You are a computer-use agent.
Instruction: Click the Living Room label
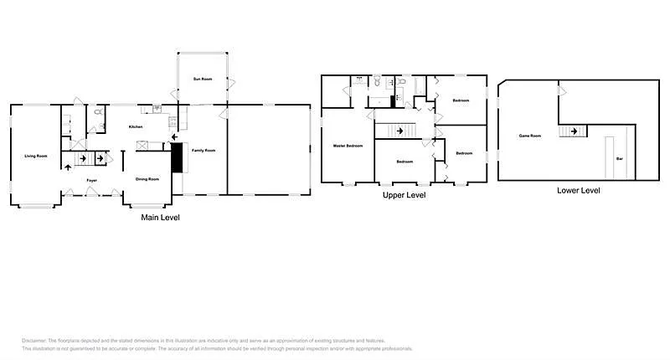34,156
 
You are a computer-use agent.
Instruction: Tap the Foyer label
92,180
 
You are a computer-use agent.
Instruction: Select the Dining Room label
147,178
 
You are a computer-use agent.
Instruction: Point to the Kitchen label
135,126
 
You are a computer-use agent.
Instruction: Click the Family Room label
204,150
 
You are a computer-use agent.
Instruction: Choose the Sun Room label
202,79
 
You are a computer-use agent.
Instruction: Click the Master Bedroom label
348,146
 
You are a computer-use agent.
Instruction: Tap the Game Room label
530,135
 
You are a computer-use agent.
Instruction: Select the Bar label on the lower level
619,158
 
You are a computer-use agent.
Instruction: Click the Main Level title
159,218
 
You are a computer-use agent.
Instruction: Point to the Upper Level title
405,195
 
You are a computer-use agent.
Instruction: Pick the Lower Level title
578,190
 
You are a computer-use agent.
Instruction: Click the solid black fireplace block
177,157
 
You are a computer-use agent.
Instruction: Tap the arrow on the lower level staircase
575,131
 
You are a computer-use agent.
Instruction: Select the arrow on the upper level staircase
400,130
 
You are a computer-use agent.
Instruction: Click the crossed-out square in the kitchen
142,145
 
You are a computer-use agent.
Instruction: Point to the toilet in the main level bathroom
99,111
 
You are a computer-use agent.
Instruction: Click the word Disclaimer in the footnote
34,341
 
